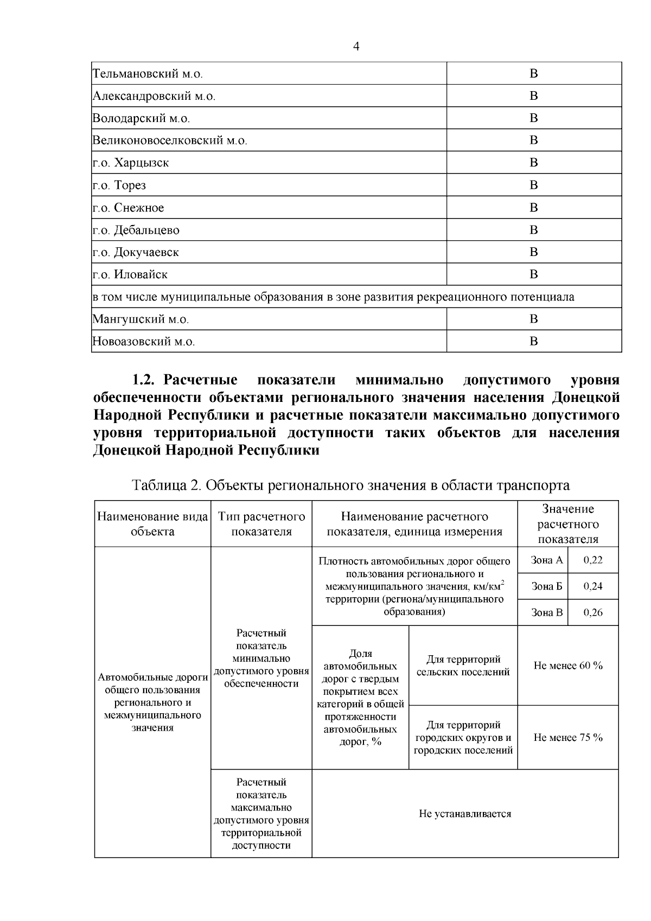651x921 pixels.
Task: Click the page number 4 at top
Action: point(356,46)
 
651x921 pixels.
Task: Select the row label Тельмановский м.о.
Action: point(148,74)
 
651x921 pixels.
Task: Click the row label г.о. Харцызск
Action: point(131,163)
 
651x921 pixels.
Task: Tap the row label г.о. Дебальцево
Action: point(136,230)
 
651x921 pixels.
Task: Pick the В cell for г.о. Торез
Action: point(533,185)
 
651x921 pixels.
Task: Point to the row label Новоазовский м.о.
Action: point(144,342)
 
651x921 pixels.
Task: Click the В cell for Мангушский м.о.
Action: point(533,319)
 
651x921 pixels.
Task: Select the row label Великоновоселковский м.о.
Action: point(170,140)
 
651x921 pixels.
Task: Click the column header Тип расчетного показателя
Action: point(261,524)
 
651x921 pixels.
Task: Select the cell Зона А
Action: point(546,560)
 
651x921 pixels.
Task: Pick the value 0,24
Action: point(593,586)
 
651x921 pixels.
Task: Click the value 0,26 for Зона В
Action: point(593,612)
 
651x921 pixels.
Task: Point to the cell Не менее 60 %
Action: point(568,666)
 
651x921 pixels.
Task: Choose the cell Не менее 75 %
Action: point(568,737)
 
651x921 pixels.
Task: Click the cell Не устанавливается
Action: point(465,814)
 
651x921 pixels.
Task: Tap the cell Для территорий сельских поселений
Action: point(463,666)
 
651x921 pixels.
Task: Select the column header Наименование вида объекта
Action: point(152,524)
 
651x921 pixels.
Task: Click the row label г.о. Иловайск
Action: point(130,274)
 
